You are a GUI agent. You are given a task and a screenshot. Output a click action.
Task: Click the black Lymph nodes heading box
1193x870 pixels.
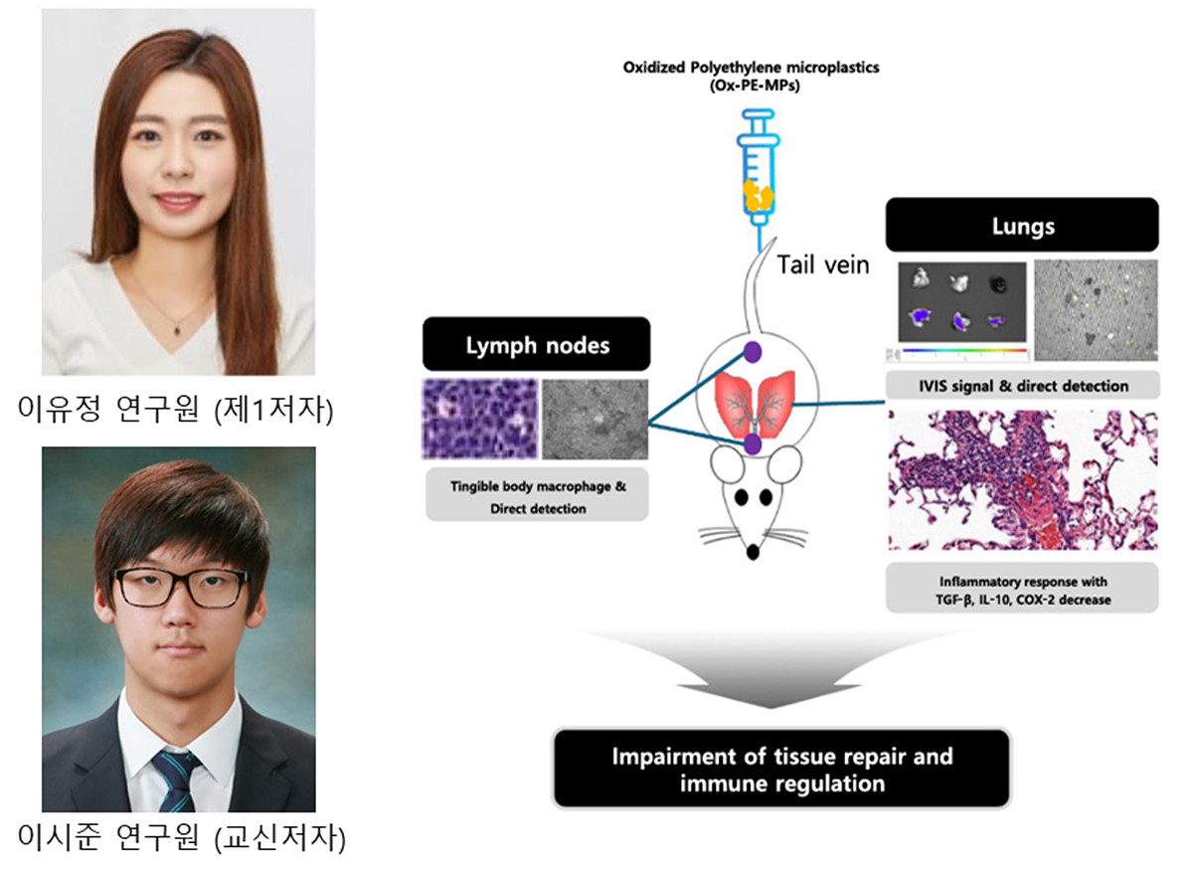537,345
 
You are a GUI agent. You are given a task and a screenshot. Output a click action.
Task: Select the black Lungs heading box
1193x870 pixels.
1022,225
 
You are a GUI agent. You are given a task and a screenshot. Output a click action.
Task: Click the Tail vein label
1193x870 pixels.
823,264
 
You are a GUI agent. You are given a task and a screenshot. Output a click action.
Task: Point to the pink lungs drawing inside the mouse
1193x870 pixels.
753,398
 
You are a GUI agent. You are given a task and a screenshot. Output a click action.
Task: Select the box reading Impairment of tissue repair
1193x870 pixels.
781,769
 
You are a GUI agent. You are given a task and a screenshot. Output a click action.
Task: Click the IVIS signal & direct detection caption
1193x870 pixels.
1022,385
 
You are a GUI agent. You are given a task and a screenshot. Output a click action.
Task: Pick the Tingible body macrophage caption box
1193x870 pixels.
537,494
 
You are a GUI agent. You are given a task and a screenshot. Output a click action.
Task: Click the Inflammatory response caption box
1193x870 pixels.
1022,588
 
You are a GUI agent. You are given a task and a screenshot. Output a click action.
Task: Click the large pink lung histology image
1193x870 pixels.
1022,479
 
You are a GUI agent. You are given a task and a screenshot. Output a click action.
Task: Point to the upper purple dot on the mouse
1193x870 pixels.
753,351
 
